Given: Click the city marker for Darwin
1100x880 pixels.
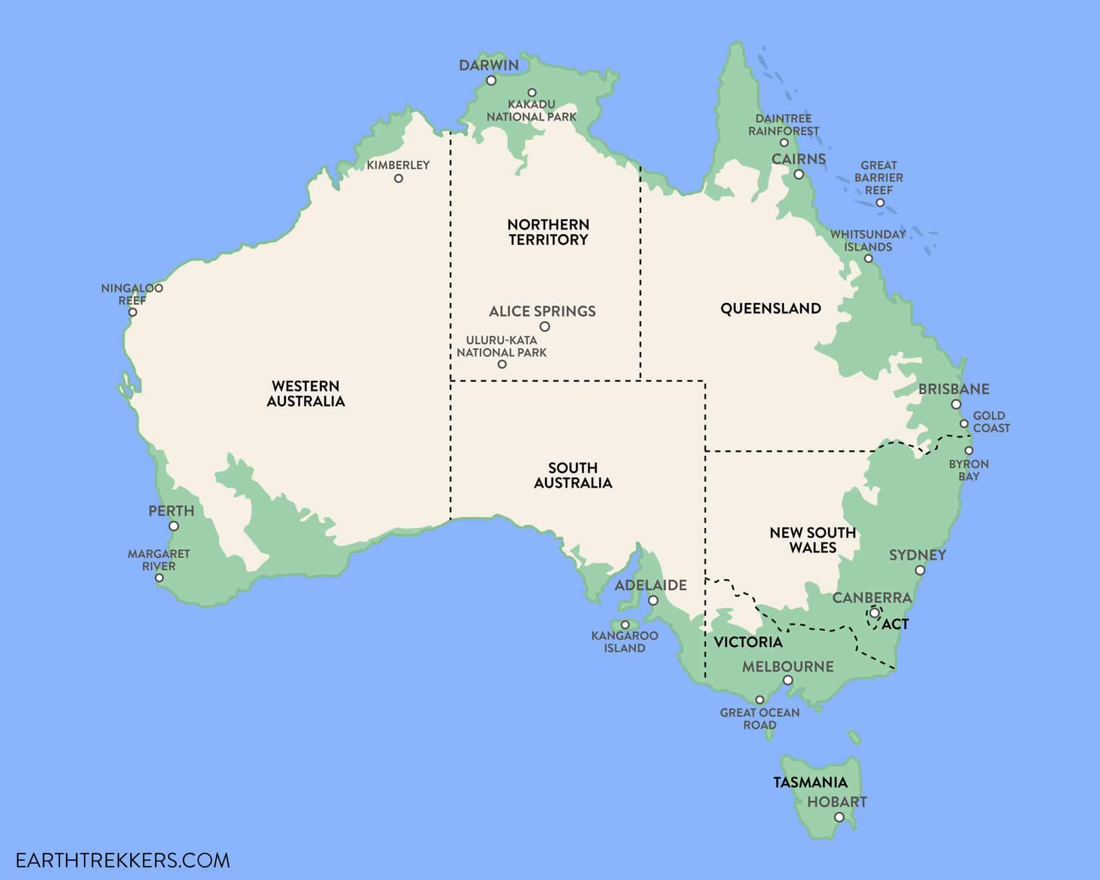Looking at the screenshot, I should point(491,81).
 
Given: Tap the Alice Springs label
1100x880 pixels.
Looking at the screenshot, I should point(542,311).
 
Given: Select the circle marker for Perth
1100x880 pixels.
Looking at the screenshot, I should point(174,526).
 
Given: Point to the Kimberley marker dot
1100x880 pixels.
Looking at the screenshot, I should point(399,179).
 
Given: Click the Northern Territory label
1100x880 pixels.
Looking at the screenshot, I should point(548,232).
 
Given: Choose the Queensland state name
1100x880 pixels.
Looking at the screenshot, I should point(771,309).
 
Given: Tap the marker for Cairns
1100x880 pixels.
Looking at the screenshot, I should point(799,175).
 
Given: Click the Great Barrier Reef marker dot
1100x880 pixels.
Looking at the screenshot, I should point(880,203).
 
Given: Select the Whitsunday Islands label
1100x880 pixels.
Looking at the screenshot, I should point(868,240).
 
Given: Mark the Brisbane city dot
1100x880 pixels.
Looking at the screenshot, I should point(956,405).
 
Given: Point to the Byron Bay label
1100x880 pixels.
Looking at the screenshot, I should point(969,470).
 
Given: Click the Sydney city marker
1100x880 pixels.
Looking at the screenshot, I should point(920,571).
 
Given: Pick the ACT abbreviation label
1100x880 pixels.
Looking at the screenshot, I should point(895,624).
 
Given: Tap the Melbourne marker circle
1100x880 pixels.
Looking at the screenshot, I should point(788,680).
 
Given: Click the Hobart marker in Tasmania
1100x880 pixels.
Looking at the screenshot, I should point(839,818).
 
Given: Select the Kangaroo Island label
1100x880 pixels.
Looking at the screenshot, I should point(625,642).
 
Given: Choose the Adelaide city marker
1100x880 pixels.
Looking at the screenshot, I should point(653,601).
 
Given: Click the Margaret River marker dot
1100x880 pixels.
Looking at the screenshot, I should point(159,578).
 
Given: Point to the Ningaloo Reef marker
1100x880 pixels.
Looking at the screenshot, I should point(133,312).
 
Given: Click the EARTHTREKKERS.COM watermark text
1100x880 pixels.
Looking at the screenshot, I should point(123,860).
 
